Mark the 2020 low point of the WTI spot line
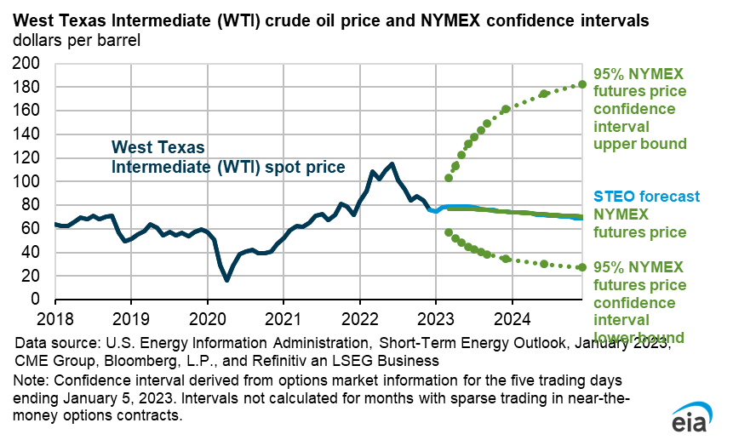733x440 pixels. point(227,280)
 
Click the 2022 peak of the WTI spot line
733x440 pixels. point(392,163)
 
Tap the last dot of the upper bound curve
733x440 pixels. point(582,84)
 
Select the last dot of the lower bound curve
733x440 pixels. point(582,267)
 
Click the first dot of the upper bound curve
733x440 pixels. point(449,178)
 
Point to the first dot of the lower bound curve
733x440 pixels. point(449,231)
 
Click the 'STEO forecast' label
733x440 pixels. point(646,197)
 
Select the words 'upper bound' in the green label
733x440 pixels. point(627,144)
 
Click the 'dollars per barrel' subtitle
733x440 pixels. point(75,40)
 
